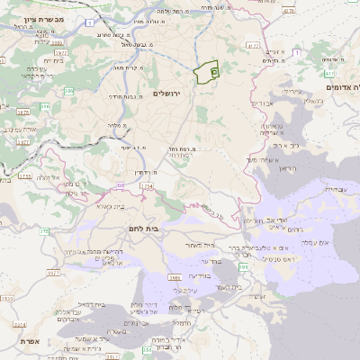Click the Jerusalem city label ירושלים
point(167,94)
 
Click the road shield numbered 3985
point(57,41)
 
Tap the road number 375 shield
point(44,231)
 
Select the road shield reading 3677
point(20,112)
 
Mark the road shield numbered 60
point(120,184)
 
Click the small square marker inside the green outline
point(214,70)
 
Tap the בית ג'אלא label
point(103,206)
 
